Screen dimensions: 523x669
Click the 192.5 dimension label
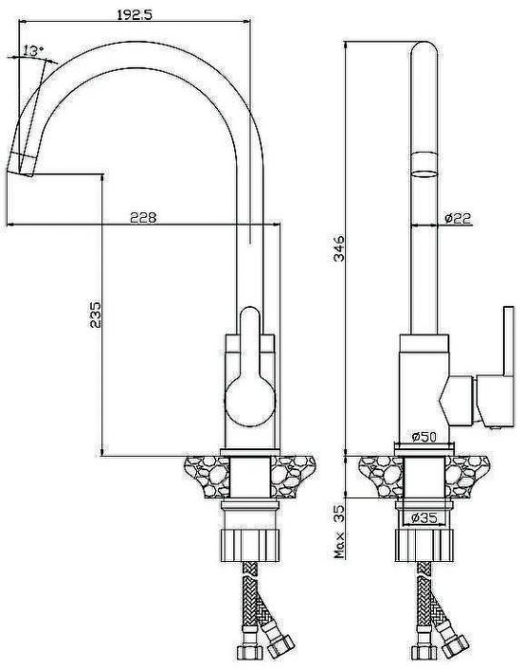pyautogui.click(x=135, y=15)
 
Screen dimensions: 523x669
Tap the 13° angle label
pyautogui.click(x=33, y=52)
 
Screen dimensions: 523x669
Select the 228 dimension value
pyautogui.click(x=143, y=218)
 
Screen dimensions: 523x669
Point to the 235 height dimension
pyautogui.click(x=96, y=314)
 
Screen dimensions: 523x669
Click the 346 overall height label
pyautogui.click(x=339, y=248)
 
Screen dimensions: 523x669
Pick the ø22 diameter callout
pyautogui.click(x=457, y=219)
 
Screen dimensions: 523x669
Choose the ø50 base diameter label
pyautogui.click(x=424, y=437)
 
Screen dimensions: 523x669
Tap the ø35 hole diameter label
pyautogui.click(x=425, y=518)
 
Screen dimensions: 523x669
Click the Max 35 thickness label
pyautogui.click(x=339, y=531)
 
